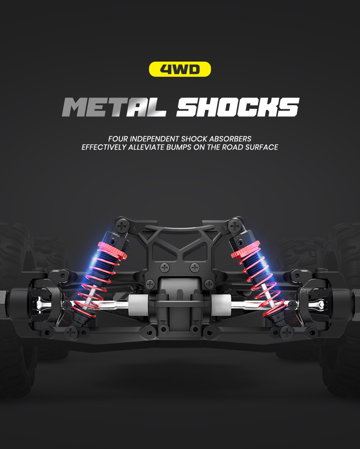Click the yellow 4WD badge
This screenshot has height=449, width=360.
(x=180, y=69)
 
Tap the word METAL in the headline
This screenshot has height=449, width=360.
(x=114, y=107)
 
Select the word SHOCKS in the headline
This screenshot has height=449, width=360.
(x=238, y=107)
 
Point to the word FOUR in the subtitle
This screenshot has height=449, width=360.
(x=118, y=139)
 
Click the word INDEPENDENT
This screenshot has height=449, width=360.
(x=154, y=139)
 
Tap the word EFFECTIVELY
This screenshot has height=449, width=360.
(x=104, y=147)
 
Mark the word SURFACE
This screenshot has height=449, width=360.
(x=262, y=147)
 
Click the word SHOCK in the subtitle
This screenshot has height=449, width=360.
(x=194, y=139)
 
